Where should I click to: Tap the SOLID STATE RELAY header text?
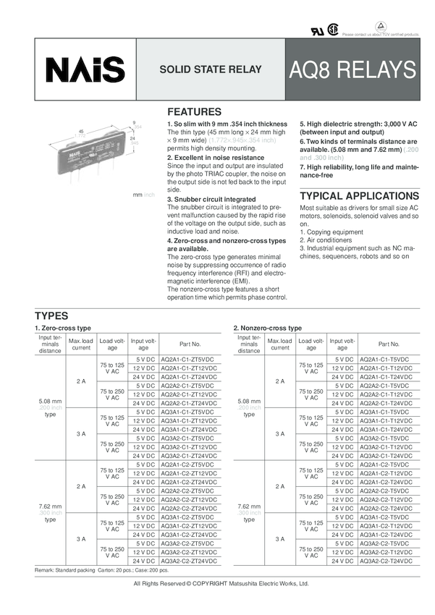[207, 71]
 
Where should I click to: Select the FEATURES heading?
[194, 112]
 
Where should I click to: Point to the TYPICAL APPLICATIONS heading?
[359, 196]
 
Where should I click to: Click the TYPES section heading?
[51, 315]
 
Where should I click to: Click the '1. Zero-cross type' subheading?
[63, 328]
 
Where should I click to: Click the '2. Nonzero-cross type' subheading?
[268, 328]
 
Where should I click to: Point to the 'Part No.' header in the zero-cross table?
[190, 344]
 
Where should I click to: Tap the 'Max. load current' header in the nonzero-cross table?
[280, 344]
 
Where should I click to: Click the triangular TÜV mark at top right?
[381, 26]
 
